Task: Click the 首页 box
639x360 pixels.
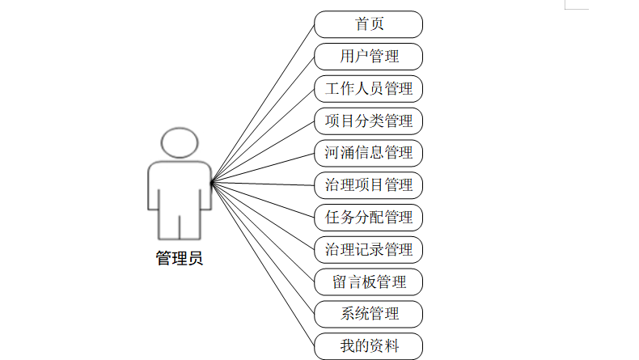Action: (368, 24)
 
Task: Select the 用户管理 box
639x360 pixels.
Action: (368, 57)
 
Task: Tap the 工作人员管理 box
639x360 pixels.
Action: (368, 88)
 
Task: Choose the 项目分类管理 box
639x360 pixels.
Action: (368, 121)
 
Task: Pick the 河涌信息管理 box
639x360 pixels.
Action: (368, 152)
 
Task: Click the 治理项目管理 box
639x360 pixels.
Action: (368, 184)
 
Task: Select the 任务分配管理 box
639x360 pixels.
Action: (368, 217)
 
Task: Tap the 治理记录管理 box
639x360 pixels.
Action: (368, 248)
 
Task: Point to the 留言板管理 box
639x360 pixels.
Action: (368, 282)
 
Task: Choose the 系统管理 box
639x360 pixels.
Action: (368, 313)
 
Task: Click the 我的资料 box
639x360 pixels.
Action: (368, 346)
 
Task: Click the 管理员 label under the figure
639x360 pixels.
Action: (179, 259)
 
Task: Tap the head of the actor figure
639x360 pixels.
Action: (179, 142)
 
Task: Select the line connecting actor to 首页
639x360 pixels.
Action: (263, 103)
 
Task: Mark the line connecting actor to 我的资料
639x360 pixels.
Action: (263, 265)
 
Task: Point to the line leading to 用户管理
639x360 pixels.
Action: (263, 120)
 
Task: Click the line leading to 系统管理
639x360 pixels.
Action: (263, 248)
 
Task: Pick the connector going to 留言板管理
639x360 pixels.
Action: (263, 232)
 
